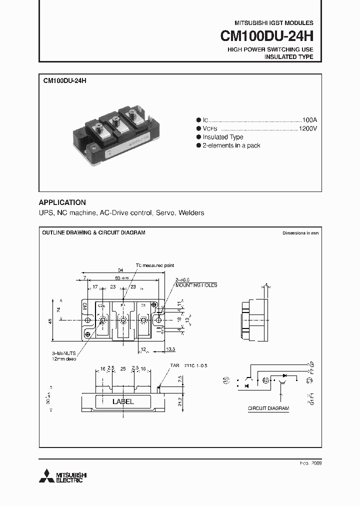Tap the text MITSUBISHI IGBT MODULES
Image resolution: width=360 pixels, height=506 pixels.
[x=274, y=23]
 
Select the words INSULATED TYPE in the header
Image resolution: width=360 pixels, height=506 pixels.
[x=288, y=57]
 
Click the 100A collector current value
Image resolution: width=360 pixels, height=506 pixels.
[x=309, y=120]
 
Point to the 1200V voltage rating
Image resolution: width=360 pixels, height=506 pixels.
[x=307, y=128]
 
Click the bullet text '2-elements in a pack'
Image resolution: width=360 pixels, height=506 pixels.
[x=231, y=145]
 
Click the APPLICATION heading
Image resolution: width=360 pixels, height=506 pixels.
[x=62, y=202]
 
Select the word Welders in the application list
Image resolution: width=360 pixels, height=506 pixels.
[x=191, y=213]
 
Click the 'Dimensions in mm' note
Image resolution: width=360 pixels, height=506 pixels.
[x=300, y=233]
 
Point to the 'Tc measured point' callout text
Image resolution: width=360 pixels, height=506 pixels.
[x=155, y=265]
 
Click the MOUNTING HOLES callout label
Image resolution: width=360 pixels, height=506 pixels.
[x=196, y=285]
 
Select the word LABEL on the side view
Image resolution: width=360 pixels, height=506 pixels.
[x=123, y=401]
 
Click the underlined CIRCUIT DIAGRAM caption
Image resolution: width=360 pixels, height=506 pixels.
[x=268, y=408]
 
